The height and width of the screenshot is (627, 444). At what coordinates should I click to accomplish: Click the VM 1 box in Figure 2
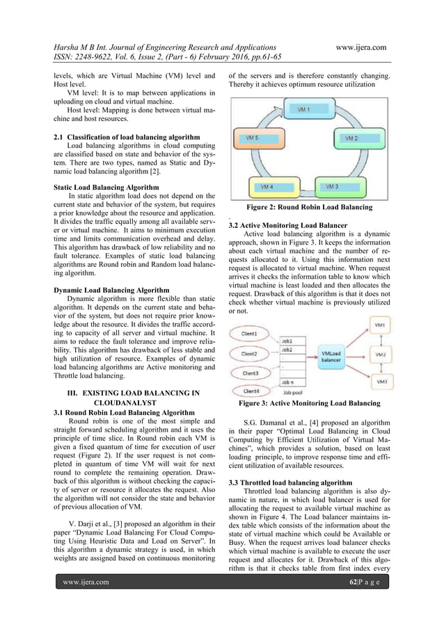303,110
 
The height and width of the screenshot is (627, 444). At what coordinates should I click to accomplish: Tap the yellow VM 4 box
267,187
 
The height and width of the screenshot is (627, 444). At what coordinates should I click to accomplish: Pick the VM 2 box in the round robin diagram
352,138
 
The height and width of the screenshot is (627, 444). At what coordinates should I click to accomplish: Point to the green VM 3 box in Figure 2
332,187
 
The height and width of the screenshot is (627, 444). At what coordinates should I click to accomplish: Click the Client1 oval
251,334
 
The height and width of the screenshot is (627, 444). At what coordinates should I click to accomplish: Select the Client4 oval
251,392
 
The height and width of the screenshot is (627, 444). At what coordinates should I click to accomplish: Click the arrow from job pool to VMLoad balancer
308,359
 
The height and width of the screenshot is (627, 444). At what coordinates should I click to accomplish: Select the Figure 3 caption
309,403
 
